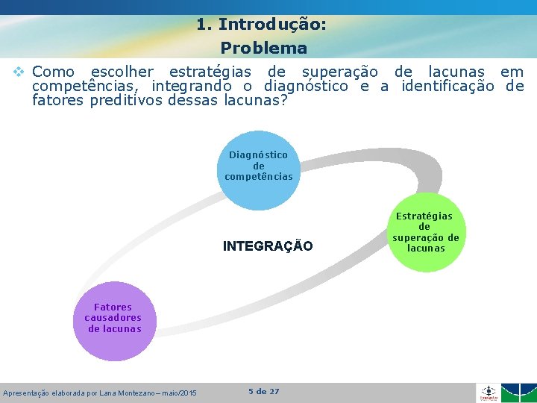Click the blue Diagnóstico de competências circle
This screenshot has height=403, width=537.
point(259,169)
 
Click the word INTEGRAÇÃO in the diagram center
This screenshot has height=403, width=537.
point(268,246)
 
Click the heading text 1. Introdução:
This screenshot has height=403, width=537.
point(261,24)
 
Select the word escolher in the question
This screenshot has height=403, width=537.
point(122,72)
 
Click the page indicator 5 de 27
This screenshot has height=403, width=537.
point(263,392)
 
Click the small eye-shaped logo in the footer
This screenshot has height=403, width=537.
point(489,393)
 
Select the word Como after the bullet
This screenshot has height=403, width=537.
point(54,72)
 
